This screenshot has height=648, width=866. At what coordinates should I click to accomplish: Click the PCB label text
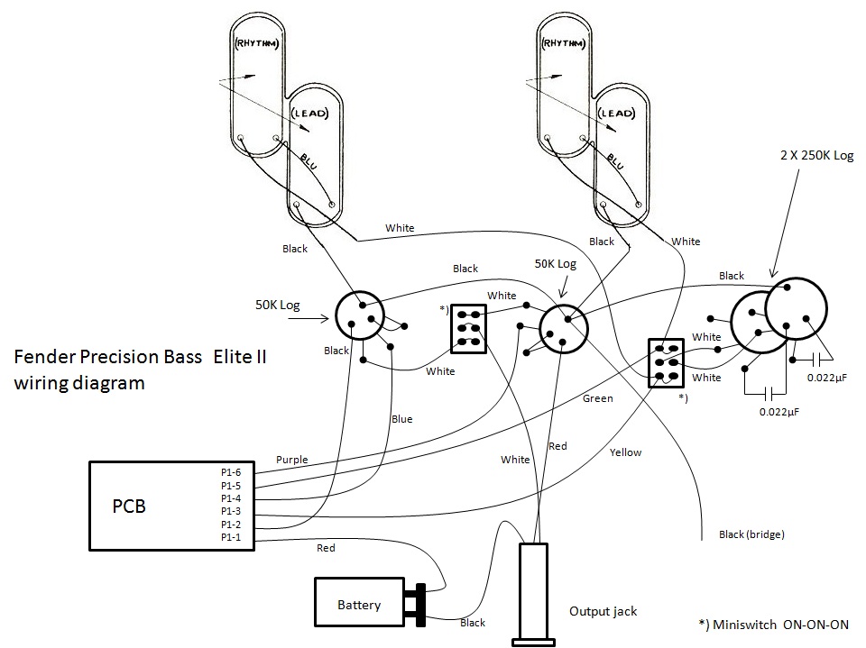(x=129, y=507)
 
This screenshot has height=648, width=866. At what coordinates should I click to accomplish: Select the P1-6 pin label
(x=231, y=472)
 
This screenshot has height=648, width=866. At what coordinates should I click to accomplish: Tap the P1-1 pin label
(x=231, y=537)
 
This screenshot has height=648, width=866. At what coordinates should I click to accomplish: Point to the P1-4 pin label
(x=231, y=498)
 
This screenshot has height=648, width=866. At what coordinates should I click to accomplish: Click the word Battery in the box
(x=359, y=605)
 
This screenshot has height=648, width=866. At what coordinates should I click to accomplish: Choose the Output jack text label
(x=603, y=612)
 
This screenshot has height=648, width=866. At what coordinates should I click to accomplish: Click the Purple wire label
(x=292, y=460)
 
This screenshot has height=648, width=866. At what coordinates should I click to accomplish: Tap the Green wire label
(x=597, y=398)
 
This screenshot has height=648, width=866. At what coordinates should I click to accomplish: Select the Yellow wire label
(x=626, y=452)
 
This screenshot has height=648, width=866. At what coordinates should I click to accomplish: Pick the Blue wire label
(x=402, y=419)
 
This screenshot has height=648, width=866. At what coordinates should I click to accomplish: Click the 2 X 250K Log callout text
(x=817, y=156)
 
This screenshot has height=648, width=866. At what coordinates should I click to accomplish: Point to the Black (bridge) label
(x=751, y=534)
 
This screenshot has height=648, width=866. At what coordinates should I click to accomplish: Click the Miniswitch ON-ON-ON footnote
(x=774, y=625)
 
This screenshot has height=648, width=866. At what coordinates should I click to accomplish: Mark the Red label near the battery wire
(x=326, y=548)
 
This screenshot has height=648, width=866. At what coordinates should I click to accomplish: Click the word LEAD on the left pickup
(x=310, y=114)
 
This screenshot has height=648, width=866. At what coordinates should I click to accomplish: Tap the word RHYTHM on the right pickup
(x=563, y=43)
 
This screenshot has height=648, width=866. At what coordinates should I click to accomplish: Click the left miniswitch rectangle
(x=469, y=329)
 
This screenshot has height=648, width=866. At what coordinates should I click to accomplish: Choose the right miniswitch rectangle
(x=666, y=363)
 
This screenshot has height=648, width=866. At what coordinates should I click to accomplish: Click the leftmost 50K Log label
(x=277, y=306)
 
